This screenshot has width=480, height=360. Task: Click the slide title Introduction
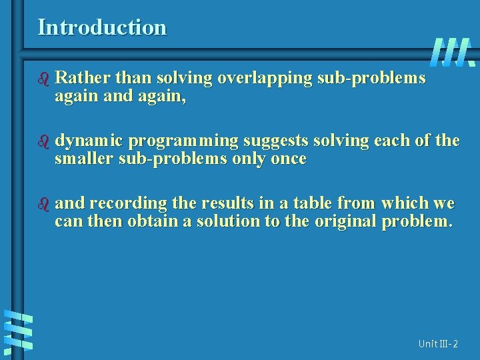102,27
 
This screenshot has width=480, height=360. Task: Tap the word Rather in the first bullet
77,79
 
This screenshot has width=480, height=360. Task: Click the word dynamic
88,141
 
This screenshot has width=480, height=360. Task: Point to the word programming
183,141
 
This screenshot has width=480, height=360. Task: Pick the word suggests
275,141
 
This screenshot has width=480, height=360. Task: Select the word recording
129,203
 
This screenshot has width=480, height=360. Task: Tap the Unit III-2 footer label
438,344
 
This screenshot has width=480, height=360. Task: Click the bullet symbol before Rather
44,79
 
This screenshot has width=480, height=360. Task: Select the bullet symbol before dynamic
44,141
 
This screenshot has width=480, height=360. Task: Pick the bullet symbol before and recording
44,203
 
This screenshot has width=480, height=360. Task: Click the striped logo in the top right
453,51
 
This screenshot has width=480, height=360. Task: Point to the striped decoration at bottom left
18,331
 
